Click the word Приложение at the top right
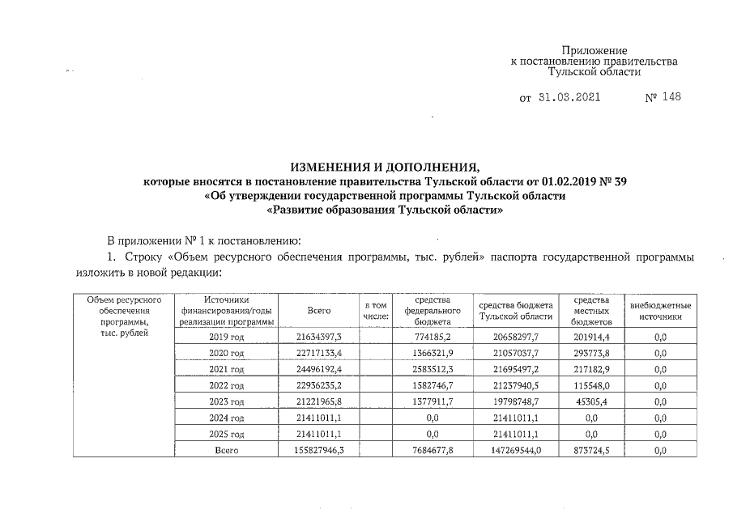coord(594,50)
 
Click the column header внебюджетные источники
coord(659,311)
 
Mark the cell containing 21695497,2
coord(515,368)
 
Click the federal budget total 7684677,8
coord(432,451)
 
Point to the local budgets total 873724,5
coord(590,451)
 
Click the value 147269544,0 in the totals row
coord(515,451)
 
